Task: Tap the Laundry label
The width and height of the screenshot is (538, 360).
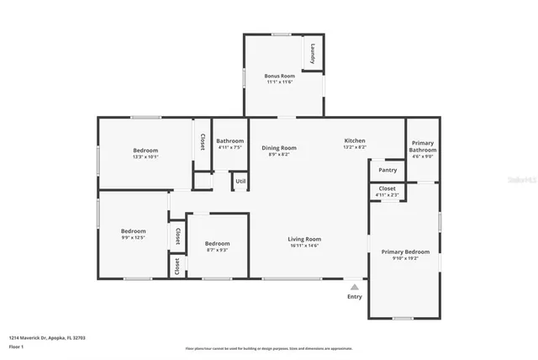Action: tap(313, 53)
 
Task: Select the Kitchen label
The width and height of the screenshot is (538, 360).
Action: tap(355, 140)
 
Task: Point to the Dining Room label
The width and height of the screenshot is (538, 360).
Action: tap(278, 148)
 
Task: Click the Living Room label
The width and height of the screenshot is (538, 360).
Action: tap(306, 239)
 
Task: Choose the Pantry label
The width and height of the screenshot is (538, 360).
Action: tap(388, 170)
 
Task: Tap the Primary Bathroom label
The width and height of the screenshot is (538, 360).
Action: tap(423, 146)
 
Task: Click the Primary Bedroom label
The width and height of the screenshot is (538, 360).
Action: tap(405, 251)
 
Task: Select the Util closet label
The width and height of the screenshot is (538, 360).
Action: tap(240, 181)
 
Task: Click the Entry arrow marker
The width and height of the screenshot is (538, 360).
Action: tap(354, 287)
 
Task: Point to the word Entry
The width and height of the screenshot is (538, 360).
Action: tap(355, 296)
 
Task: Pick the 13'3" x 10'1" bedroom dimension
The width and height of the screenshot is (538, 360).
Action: tap(145, 156)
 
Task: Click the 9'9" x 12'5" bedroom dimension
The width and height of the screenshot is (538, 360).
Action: tap(133, 237)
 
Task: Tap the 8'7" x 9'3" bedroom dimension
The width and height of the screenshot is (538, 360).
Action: tap(217, 250)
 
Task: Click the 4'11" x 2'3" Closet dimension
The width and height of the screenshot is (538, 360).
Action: tap(388, 195)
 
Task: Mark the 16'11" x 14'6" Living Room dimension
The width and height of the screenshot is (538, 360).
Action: tap(306, 246)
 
